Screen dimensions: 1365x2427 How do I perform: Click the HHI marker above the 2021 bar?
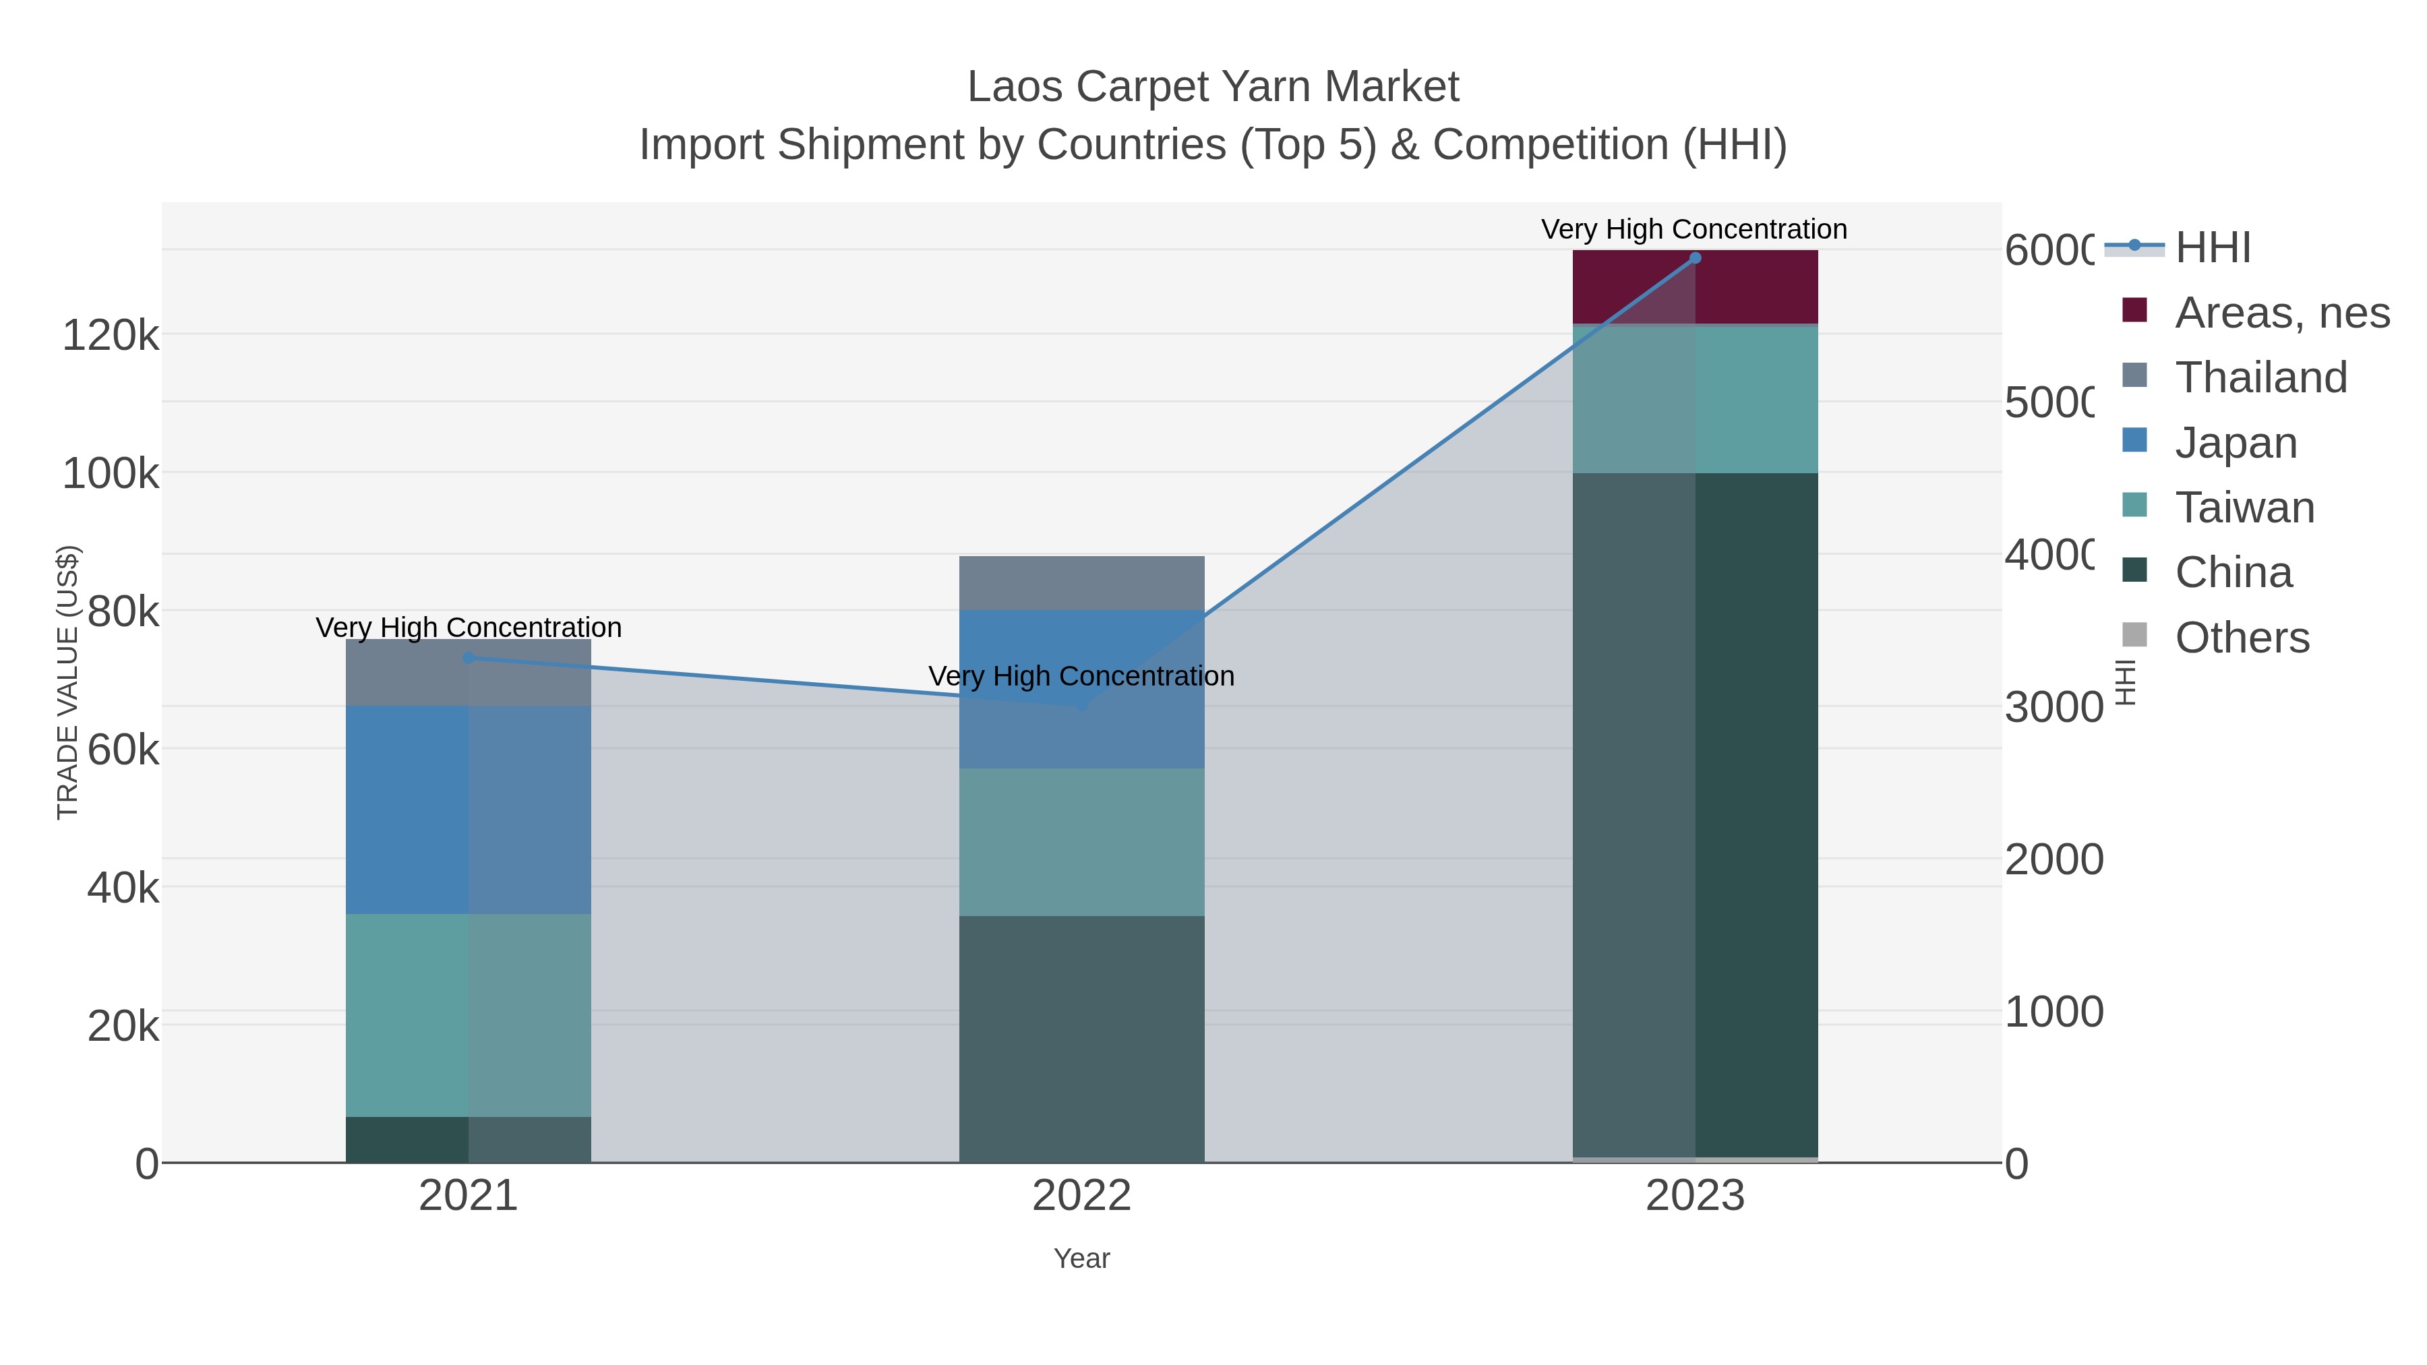[469, 657]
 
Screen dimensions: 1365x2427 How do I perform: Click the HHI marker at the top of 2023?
[1695, 258]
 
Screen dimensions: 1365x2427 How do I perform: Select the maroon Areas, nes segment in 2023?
[1695, 287]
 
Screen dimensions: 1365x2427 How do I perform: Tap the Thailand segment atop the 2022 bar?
[1081, 583]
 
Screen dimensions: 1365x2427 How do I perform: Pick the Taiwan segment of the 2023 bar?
[1695, 398]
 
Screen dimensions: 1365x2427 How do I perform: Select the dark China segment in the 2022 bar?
[1081, 1039]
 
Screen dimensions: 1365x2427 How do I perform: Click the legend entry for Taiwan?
[2244, 508]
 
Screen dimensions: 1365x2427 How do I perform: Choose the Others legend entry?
[2242, 638]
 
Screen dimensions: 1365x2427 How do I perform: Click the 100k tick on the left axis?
[111, 473]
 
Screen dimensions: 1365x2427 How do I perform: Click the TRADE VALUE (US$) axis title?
[68, 682]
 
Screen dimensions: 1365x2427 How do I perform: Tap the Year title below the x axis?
[1081, 1258]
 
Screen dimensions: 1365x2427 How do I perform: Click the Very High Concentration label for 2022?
[1081, 676]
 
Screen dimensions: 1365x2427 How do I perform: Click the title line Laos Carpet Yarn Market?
[1213, 87]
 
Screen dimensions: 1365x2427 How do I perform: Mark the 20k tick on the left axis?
[123, 1026]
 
